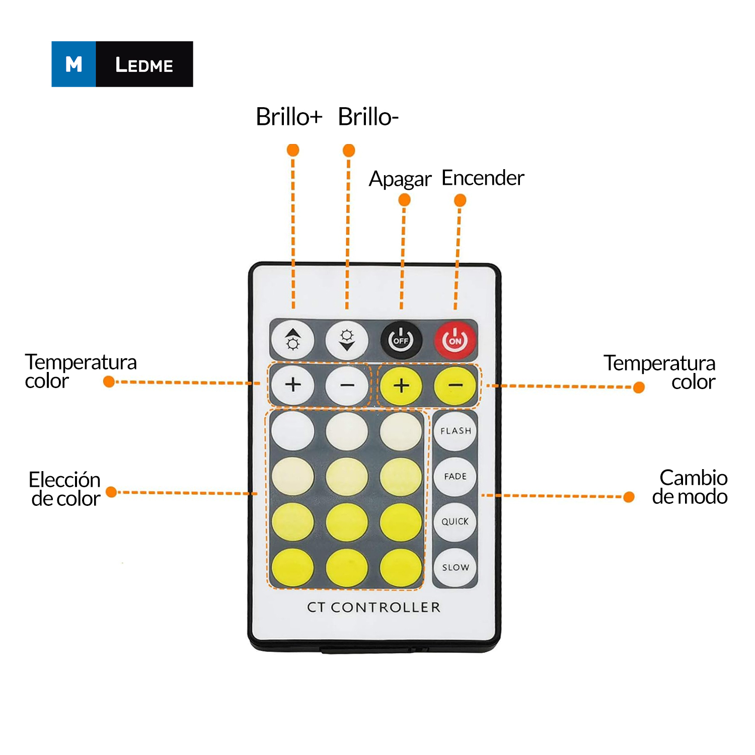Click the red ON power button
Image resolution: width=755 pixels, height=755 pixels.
pyautogui.click(x=455, y=340)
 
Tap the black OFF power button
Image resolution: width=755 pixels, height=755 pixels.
pyautogui.click(x=401, y=340)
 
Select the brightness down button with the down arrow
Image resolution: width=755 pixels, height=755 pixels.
pyautogui.click(x=347, y=340)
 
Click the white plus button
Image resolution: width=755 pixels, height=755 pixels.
pyautogui.click(x=293, y=385)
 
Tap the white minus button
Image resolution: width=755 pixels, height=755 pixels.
pyautogui.click(x=347, y=385)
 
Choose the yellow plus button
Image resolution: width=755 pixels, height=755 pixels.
pyautogui.click(x=401, y=385)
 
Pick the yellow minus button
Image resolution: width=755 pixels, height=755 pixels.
pyautogui.click(x=455, y=385)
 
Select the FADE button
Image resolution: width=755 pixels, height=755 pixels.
pyautogui.click(x=455, y=476)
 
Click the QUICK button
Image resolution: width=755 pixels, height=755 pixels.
pyautogui.click(x=455, y=521)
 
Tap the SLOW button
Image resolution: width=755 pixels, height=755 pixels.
pyautogui.click(x=455, y=567)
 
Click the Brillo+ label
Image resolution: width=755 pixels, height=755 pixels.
pyautogui.click(x=289, y=117)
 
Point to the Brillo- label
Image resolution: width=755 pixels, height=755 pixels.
pyautogui.click(x=368, y=117)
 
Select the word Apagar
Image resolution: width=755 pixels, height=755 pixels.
pyautogui.click(x=400, y=179)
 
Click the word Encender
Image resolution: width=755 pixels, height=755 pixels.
pyautogui.click(x=483, y=178)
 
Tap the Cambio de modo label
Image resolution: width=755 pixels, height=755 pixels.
pyautogui.click(x=691, y=487)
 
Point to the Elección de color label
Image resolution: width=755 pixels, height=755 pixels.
pyautogui.click(x=65, y=489)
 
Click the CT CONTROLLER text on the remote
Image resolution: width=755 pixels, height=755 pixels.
pyautogui.click(x=373, y=607)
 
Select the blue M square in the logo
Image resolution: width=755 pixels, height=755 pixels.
pyautogui.click(x=73, y=64)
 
